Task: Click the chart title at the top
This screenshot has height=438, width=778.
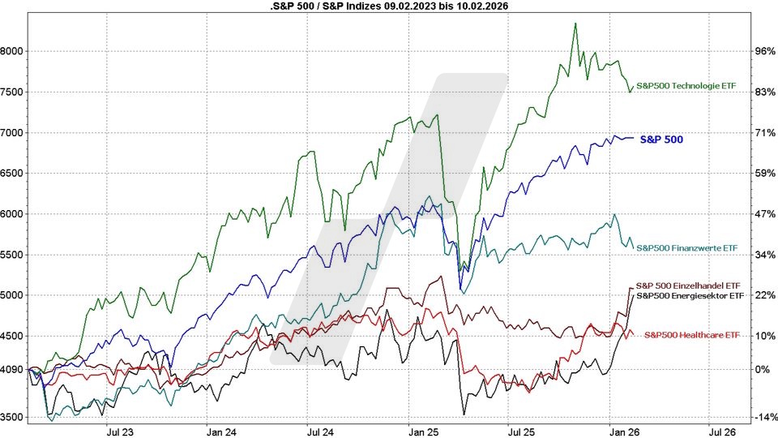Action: (x=389, y=6)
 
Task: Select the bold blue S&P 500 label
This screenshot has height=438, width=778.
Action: (x=661, y=140)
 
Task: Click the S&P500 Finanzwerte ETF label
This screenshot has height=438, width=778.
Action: (x=687, y=247)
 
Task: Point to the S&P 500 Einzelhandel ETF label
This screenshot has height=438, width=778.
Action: (x=690, y=286)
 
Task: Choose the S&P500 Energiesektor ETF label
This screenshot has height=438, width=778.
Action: (x=690, y=296)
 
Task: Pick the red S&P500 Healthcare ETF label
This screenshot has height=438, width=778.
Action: (x=691, y=335)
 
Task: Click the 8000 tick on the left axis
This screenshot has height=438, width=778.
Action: (x=14, y=51)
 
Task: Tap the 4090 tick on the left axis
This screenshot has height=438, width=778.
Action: (x=14, y=369)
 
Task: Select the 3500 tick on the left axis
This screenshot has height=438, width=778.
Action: (x=14, y=417)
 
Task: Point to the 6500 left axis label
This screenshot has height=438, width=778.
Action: (x=14, y=174)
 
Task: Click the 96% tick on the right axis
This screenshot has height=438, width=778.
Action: (x=766, y=51)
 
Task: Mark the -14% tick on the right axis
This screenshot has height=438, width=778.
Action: (x=764, y=417)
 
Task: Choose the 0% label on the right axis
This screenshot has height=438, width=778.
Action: (x=766, y=369)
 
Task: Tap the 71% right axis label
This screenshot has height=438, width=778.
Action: (x=766, y=133)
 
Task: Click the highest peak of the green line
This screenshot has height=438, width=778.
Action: (x=575, y=24)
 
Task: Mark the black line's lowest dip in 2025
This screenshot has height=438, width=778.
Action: (x=464, y=414)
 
